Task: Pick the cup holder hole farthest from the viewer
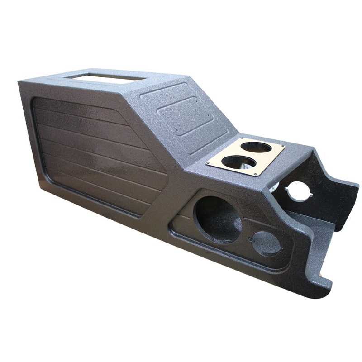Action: pos(256,148)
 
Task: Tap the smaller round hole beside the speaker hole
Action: pos(267,243)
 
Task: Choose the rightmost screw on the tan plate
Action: pos(282,147)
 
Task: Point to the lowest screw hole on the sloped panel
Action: pos(177,134)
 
